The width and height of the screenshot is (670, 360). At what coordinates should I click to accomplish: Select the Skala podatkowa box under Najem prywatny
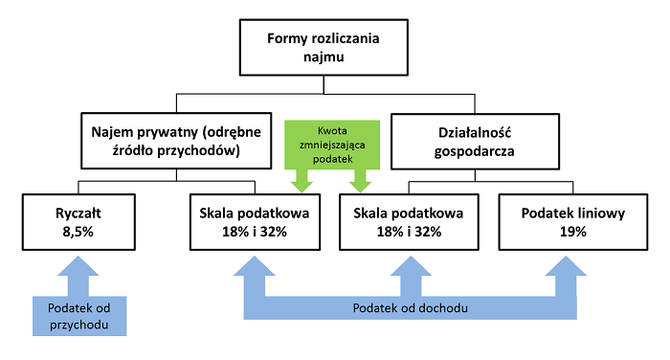254,221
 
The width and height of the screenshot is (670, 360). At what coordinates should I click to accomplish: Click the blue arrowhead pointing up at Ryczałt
79,273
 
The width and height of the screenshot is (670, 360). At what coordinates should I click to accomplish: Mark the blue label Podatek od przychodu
78,315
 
